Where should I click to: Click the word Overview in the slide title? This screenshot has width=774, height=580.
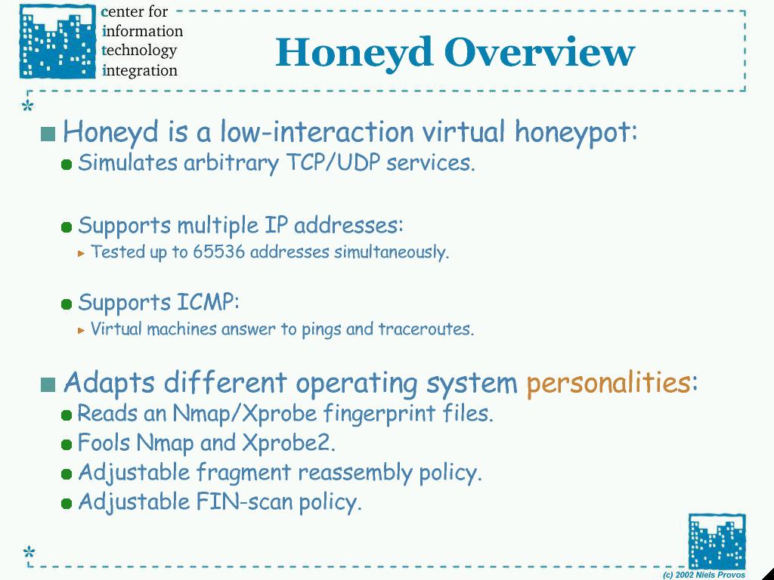pyautogui.click(x=539, y=52)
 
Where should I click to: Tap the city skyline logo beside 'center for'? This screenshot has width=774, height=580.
pyautogui.click(x=57, y=42)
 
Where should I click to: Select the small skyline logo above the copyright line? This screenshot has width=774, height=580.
pyautogui.click(x=717, y=541)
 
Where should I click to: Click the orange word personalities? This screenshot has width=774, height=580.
pyautogui.click(x=608, y=382)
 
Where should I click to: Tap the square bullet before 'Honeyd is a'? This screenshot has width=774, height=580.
pyautogui.click(x=48, y=134)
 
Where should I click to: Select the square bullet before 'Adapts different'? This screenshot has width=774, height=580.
pyautogui.click(x=48, y=384)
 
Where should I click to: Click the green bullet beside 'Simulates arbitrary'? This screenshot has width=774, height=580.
pyautogui.click(x=67, y=165)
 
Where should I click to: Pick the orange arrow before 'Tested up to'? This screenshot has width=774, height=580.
pyautogui.click(x=82, y=254)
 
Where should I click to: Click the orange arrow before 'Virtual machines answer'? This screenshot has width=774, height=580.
pyautogui.click(x=82, y=331)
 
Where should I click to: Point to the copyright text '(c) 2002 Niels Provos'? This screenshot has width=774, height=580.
pyautogui.click(x=704, y=575)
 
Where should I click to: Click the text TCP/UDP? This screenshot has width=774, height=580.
pyautogui.click(x=333, y=162)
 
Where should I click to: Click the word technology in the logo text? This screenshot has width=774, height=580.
pyautogui.click(x=139, y=51)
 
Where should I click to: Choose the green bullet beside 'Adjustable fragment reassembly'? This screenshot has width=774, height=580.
pyautogui.click(x=67, y=474)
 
